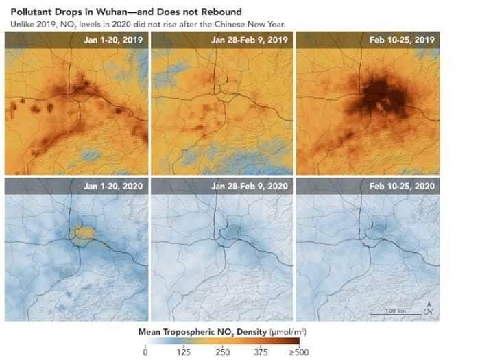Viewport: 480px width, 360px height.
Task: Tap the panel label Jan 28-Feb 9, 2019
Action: tap(248, 40)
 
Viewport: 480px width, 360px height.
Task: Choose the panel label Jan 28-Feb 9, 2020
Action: tap(248, 185)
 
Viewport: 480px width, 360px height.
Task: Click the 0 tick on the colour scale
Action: tap(145, 352)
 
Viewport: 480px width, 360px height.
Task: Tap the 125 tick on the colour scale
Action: tap(184, 352)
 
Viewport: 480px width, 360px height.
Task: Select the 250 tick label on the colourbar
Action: tap(222, 352)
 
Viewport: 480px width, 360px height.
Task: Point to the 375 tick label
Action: tap(261, 352)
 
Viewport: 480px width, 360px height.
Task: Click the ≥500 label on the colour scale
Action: tap(298, 352)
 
